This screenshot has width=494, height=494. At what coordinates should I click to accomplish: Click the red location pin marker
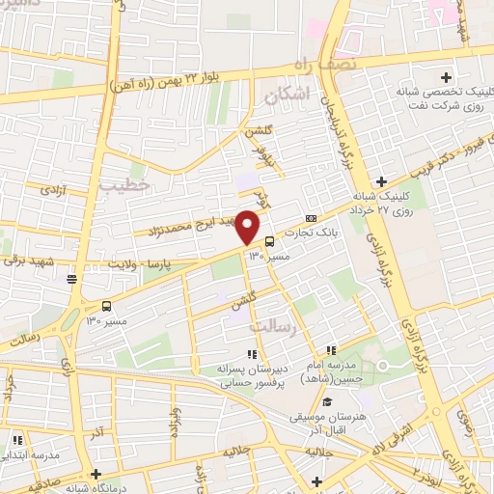[248, 227]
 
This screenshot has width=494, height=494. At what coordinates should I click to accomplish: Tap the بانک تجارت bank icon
[310, 218]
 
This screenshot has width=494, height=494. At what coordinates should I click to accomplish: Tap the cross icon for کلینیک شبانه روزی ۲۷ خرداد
[382, 180]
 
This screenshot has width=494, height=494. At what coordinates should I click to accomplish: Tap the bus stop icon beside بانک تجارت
[268, 241]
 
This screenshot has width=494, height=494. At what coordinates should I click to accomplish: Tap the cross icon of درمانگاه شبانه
[95, 474]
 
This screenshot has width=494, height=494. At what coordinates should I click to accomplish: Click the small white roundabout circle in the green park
[382, 365]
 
